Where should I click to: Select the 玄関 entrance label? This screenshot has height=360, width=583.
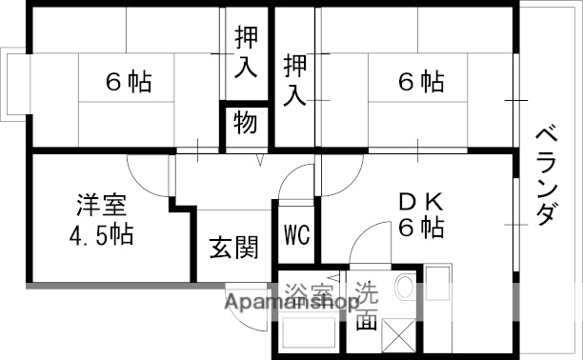(x=234, y=249)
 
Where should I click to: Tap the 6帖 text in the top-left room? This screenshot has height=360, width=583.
(x=128, y=83)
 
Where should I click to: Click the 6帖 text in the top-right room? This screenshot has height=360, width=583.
(x=420, y=82)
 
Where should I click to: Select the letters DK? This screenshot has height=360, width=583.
(x=420, y=202)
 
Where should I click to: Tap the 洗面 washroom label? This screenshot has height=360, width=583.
(x=367, y=306)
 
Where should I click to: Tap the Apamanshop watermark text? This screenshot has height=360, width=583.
(x=291, y=305)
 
